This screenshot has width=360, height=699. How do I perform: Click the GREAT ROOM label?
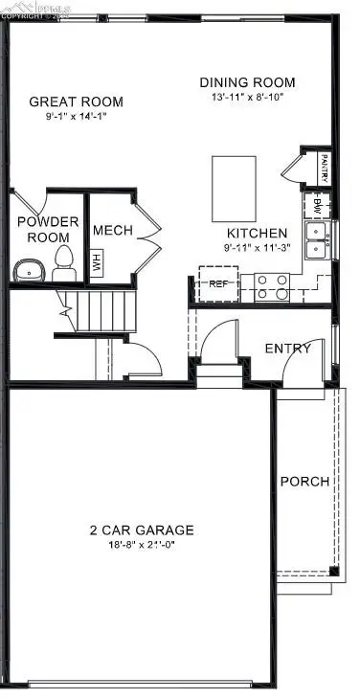point(76,101)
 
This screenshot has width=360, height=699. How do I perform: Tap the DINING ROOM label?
point(247,82)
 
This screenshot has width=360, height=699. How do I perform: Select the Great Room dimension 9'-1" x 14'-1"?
point(76,118)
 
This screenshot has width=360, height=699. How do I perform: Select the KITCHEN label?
point(256,234)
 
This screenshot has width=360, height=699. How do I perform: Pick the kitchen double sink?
point(316,240)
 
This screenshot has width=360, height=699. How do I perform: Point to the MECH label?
point(112,231)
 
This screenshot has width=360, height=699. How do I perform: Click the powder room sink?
point(30,270)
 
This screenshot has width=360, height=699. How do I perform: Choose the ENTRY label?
point(287,349)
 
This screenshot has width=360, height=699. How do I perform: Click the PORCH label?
point(304,482)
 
